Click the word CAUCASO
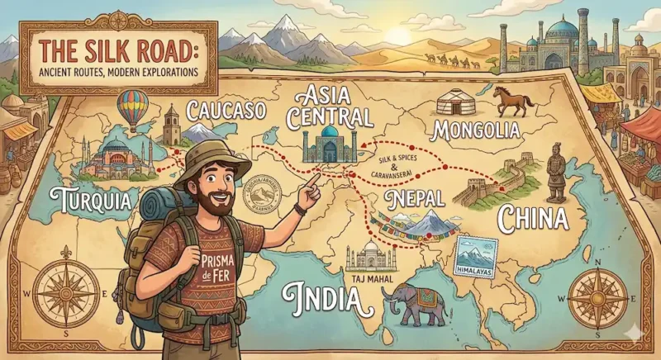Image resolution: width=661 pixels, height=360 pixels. point(227,111)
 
